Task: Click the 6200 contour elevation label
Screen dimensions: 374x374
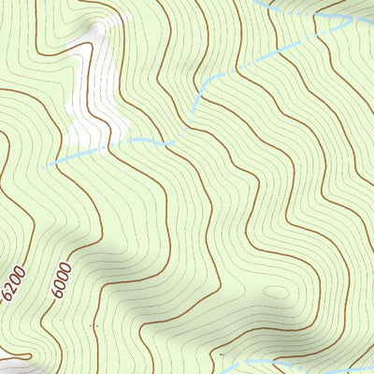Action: (x=14, y=283)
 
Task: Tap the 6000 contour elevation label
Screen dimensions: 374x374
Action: (x=62, y=279)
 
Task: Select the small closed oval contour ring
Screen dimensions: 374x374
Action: (x=276, y=292)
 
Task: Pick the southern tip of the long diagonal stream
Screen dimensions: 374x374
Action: (x=194, y=112)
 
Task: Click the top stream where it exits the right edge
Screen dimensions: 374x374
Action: (x=371, y=11)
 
